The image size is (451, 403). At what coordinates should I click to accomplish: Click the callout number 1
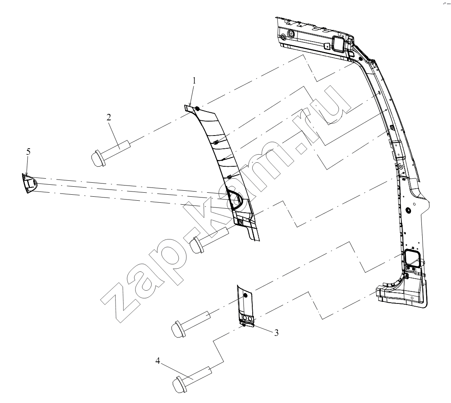point(194,80)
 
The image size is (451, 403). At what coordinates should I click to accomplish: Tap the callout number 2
point(108,117)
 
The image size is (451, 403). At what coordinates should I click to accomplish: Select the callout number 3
point(276,333)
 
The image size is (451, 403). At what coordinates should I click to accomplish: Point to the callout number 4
point(158,361)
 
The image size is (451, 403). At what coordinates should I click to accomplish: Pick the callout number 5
point(28,152)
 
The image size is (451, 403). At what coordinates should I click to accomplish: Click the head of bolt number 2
point(97,158)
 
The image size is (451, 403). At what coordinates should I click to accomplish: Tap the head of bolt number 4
point(179,385)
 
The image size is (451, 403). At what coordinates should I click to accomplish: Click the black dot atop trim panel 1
point(198,109)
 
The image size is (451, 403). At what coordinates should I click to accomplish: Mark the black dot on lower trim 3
point(245,296)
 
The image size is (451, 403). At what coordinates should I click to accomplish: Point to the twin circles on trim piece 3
point(247,318)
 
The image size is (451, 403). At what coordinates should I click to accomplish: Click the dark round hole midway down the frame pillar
point(407,211)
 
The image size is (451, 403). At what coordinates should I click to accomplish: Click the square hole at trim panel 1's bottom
point(240,222)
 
